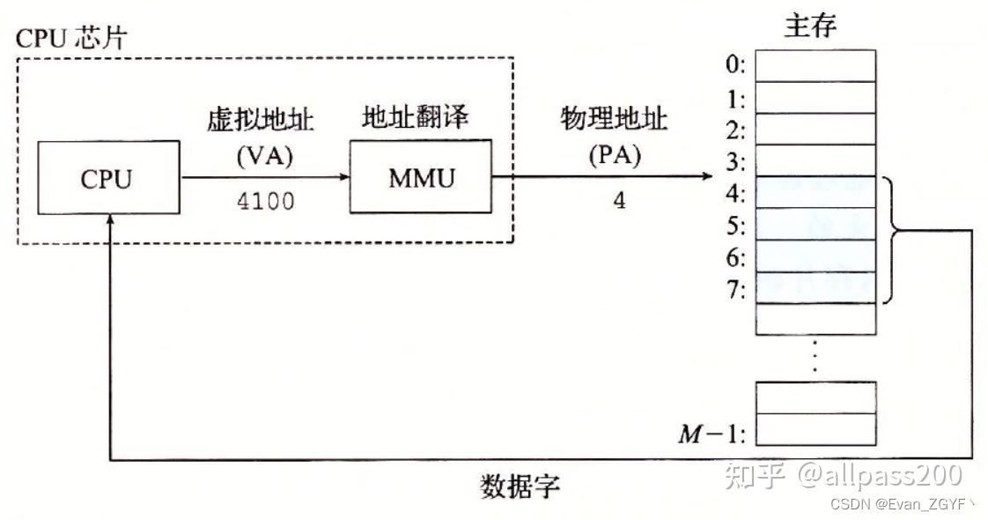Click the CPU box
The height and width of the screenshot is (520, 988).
[106, 180]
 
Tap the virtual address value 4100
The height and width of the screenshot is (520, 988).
[265, 201]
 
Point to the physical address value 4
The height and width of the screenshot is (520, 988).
[619, 200]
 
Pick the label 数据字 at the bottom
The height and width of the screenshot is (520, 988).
[520, 486]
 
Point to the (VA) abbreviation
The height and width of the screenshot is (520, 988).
[265, 159]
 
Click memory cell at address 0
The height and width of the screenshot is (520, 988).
[815, 65]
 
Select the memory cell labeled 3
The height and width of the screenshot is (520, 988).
[815, 160]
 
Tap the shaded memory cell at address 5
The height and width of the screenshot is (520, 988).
[815, 224]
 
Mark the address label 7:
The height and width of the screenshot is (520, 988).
[735, 289]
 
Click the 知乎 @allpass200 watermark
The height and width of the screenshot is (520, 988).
[842, 476]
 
